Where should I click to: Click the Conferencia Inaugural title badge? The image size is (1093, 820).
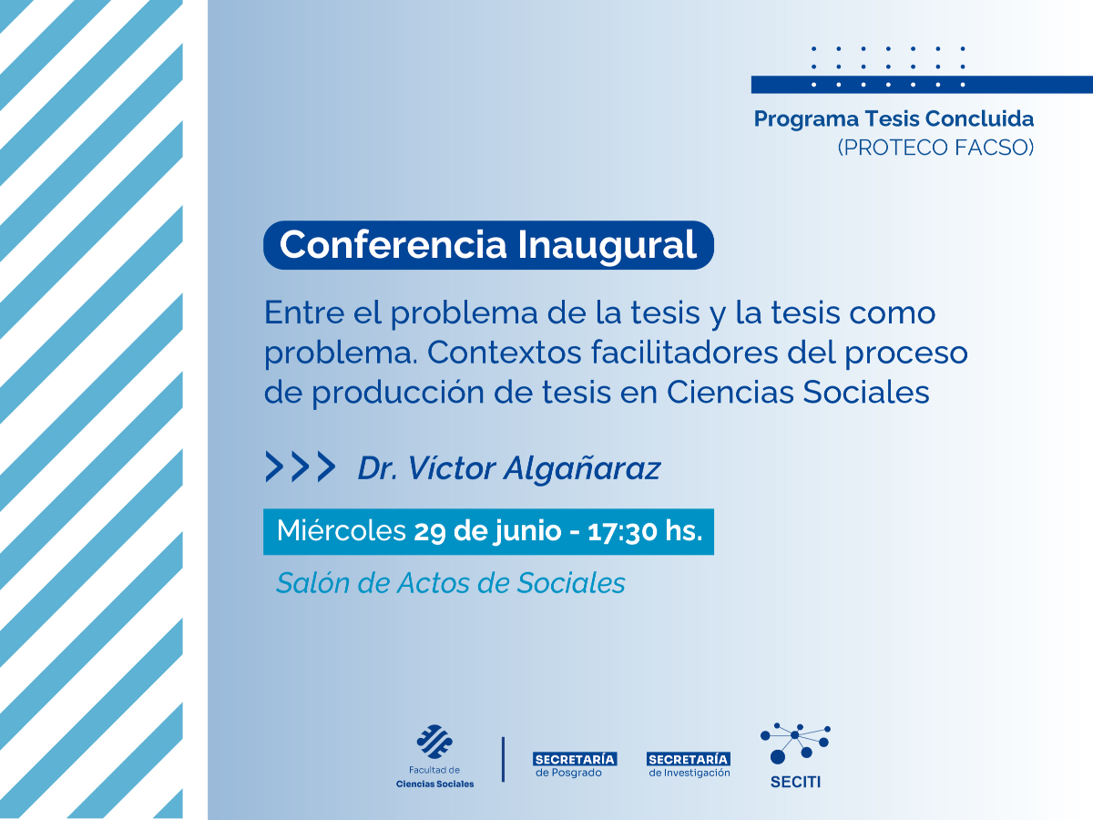pos(488,245)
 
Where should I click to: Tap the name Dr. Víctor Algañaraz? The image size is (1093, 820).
pos(508,468)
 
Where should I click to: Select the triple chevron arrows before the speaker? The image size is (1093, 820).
pos(300,466)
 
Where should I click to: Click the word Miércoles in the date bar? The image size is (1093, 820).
pos(341,531)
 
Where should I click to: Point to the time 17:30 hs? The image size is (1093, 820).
pos(646,531)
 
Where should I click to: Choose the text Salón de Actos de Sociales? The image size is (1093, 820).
pos(451,583)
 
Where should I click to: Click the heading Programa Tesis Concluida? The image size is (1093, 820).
pos(894,118)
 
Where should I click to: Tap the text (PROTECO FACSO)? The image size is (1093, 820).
pos(935,147)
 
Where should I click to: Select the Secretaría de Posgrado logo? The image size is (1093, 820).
pos(574,764)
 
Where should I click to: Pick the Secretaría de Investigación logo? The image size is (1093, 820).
pos(689,764)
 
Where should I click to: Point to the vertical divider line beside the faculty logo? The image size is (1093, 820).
pos(503,759)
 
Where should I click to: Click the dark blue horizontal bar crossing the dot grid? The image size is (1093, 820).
pos(921,85)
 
